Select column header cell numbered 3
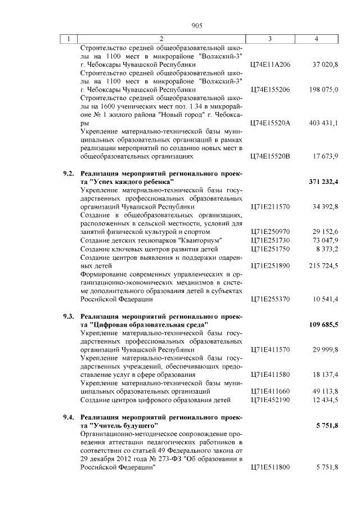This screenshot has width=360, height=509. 271,39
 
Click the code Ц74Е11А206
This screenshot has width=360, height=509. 270,65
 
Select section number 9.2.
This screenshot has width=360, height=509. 69,174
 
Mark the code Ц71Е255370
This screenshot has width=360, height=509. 270,299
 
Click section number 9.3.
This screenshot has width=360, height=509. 69,317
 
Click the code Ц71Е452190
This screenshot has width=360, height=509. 270,399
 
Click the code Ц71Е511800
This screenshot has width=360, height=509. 270,467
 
